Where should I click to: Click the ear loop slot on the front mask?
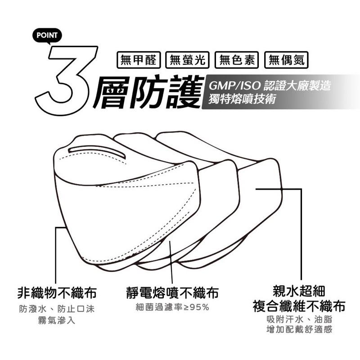97,152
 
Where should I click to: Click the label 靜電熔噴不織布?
172,293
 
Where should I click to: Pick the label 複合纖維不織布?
299,307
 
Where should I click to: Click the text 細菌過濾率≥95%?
172,308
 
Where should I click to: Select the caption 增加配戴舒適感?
299,330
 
